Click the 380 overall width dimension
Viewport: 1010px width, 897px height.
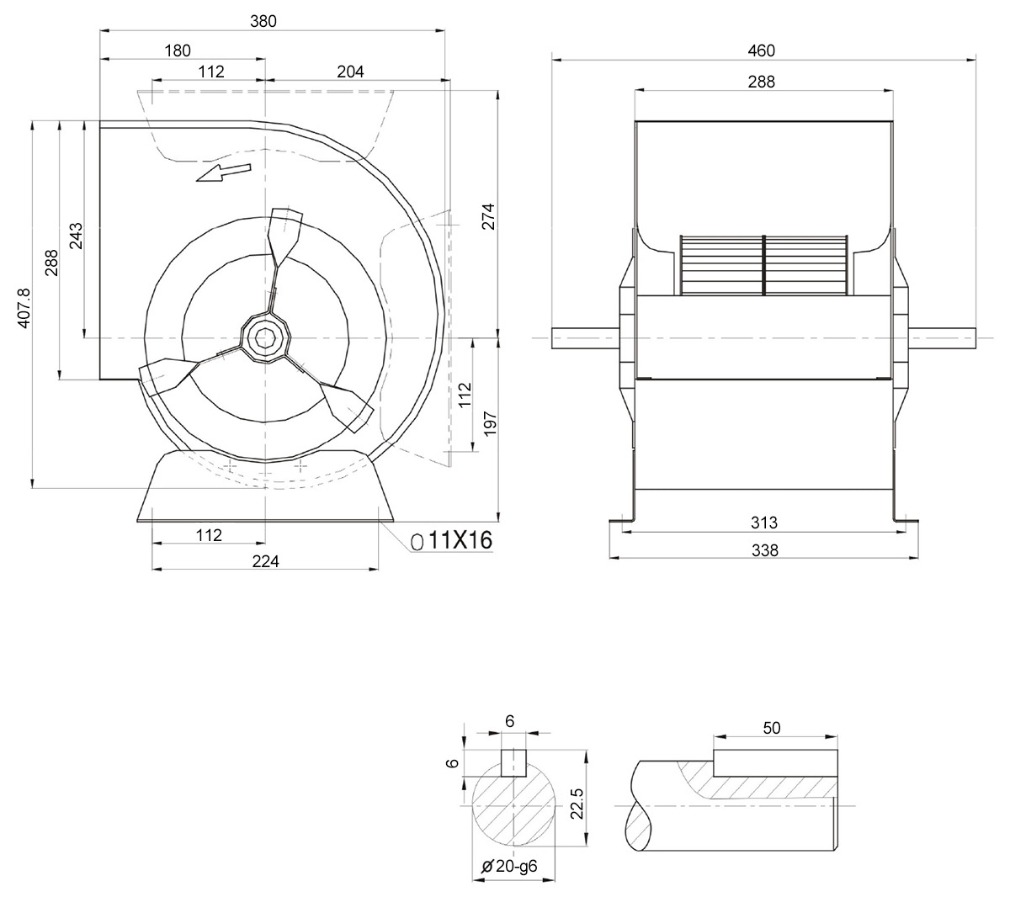(x=263, y=21)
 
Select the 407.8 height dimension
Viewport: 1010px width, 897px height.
(x=24, y=308)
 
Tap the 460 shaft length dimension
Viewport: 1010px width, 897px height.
(x=761, y=50)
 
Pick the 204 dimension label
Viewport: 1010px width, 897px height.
(x=350, y=72)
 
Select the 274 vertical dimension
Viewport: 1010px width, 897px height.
(x=488, y=216)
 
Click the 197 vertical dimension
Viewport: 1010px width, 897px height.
(x=490, y=423)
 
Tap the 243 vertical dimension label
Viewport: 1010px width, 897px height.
(x=76, y=236)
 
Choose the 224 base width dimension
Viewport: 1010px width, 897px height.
(x=265, y=561)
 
